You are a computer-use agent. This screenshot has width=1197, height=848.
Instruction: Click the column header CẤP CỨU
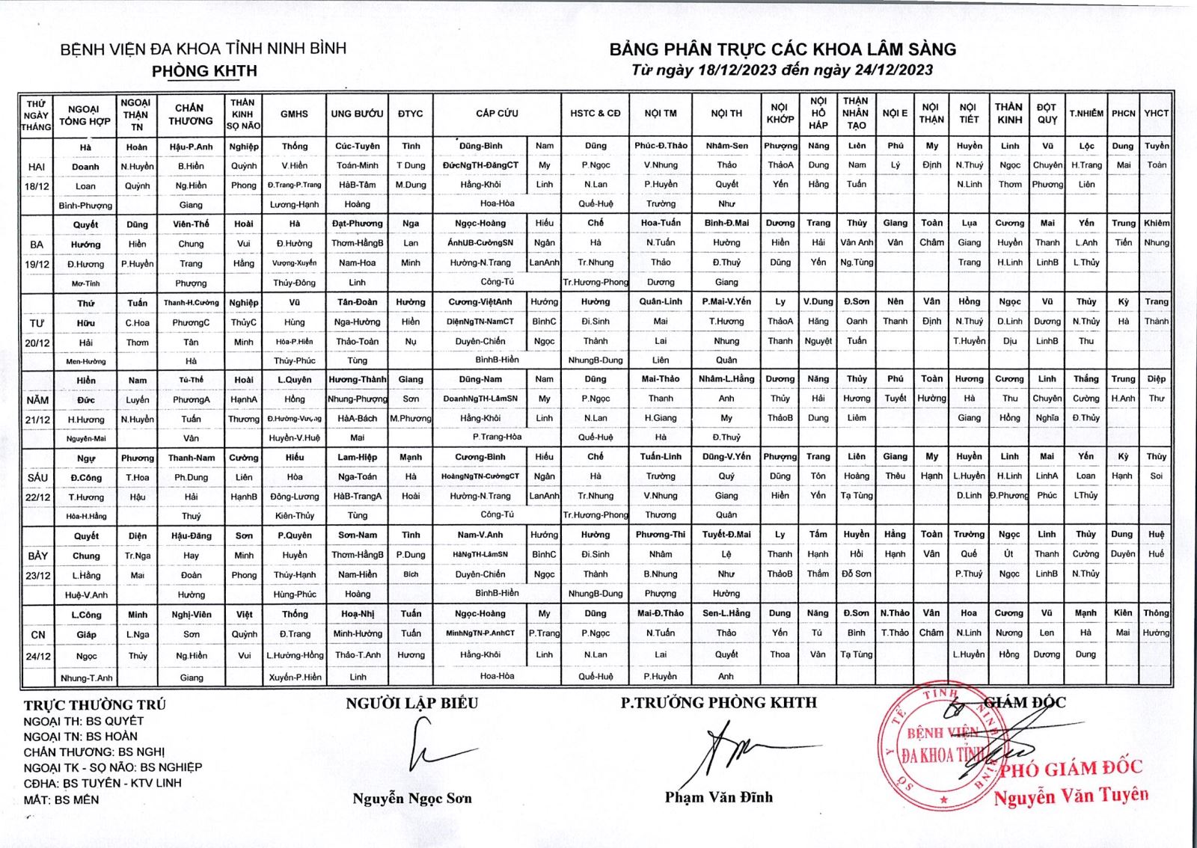[497, 114]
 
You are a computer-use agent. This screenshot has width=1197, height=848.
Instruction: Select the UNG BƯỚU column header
[357, 114]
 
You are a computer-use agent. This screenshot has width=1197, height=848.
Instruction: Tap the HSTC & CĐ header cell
[595, 114]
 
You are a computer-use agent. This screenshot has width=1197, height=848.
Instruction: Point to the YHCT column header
[1156, 114]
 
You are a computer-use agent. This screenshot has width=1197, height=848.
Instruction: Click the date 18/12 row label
[37, 185]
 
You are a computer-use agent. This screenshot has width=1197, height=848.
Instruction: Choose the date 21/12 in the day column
[37, 420]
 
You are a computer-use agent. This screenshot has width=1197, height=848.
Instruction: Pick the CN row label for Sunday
[37, 635]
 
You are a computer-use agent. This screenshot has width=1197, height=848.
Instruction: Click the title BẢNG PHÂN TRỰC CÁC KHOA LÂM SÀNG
[783, 49]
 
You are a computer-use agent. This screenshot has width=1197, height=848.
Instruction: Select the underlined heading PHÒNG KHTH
[204, 71]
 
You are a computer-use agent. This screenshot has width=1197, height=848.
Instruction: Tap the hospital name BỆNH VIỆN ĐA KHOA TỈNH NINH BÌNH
[203, 49]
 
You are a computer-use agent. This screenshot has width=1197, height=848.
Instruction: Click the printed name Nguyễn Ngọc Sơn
[412, 799]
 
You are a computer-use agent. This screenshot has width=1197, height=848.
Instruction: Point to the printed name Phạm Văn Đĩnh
[718, 797]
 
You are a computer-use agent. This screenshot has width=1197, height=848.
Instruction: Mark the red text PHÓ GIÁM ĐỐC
[1071, 768]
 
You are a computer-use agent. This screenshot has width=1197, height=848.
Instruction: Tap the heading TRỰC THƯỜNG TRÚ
[95, 704]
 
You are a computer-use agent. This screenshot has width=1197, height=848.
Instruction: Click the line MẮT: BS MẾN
[61, 799]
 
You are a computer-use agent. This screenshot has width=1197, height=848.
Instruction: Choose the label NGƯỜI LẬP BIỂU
[411, 703]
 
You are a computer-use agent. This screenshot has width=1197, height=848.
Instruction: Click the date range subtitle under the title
[782, 70]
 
